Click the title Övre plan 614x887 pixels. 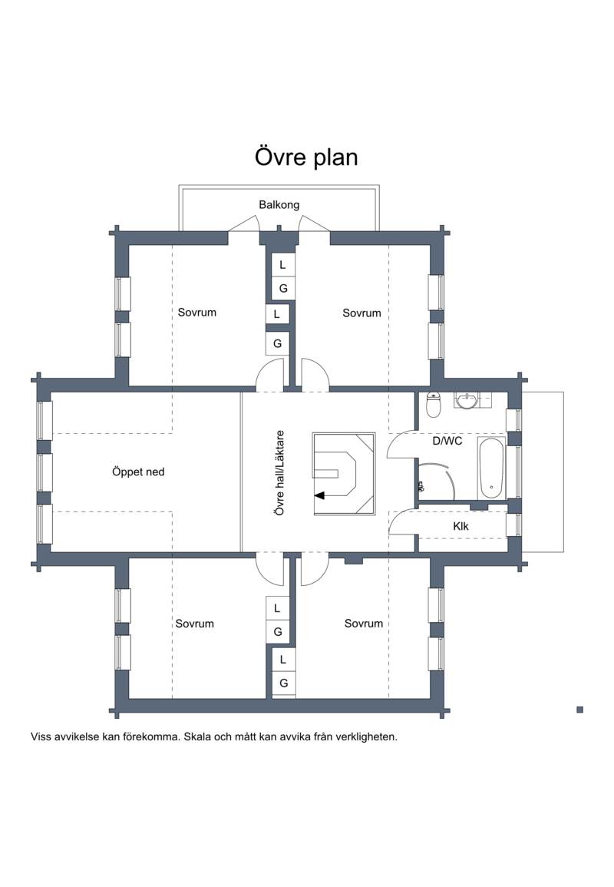(306, 157)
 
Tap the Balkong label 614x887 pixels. (279, 205)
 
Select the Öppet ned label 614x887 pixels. (138, 472)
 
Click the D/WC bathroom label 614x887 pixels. (447, 441)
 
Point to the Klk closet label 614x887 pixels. (460, 526)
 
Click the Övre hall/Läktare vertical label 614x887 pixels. (279, 472)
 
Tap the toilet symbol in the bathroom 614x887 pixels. (434, 405)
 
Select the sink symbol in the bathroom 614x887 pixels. (467, 401)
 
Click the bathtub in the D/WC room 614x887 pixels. (490, 468)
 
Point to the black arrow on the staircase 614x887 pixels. (320, 495)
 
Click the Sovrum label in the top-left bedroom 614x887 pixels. (196, 313)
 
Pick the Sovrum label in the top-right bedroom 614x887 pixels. (361, 313)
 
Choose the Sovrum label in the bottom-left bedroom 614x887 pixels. (194, 624)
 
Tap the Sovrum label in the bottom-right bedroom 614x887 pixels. (364, 623)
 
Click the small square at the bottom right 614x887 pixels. (579, 710)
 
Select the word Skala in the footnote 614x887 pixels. (197, 736)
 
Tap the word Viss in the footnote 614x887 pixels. (41, 736)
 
